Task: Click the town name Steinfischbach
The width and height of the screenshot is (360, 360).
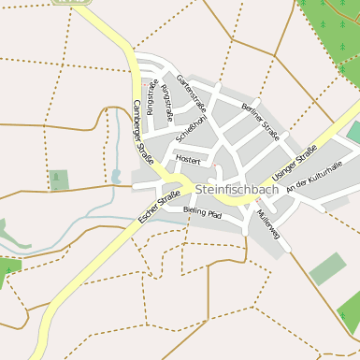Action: [238, 189]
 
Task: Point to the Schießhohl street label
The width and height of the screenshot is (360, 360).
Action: [191, 123]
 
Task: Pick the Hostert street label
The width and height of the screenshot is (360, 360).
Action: [188, 160]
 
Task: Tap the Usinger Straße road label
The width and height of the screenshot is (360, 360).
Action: [295, 162]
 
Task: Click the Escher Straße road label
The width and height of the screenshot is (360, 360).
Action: [158, 206]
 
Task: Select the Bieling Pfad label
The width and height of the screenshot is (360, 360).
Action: [202, 213]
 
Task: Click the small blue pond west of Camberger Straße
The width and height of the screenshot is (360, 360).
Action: [116, 175]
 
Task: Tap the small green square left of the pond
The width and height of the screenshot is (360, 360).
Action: [59, 180]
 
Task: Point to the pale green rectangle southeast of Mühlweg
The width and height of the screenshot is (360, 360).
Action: [327, 268]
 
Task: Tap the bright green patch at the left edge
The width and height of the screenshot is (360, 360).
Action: [8, 268]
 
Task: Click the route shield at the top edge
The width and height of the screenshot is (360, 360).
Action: [65, 2]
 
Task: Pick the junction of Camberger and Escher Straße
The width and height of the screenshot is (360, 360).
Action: [172, 180]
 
